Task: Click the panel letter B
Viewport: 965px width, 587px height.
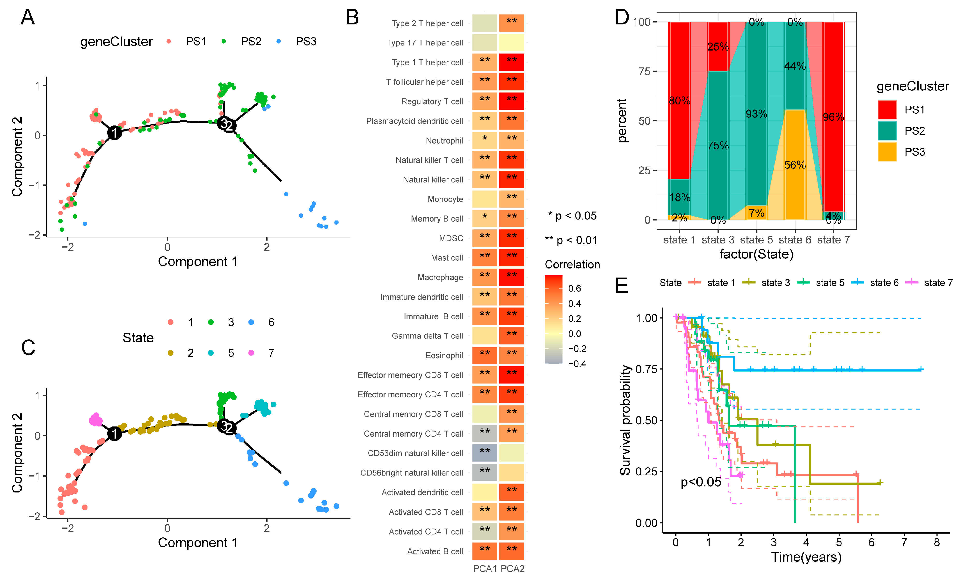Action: coord(352,18)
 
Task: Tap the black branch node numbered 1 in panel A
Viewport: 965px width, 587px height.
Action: coord(114,133)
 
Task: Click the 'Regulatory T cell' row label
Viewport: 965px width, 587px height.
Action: coord(432,102)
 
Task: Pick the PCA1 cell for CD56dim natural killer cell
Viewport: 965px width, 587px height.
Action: coord(485,453)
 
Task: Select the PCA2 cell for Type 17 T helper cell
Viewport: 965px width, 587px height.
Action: coord(511,43)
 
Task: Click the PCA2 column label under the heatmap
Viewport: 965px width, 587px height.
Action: coord(512,569)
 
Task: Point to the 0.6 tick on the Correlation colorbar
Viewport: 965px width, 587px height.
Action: coord(574,288)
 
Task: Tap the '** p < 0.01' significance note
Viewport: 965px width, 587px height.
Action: coord(571,240)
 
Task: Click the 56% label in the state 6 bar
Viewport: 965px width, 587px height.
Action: coord(795,165)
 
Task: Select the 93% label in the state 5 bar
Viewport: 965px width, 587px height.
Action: coord(756,114)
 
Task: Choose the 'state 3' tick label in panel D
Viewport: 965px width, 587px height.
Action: coord(718,240)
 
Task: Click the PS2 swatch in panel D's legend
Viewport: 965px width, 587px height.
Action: coord(887,131)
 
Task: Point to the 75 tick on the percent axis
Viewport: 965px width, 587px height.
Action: coord(644,71)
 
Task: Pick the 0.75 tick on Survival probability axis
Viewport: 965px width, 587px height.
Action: coord(646,369)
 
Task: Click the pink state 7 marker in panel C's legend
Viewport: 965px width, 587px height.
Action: coord(251,353)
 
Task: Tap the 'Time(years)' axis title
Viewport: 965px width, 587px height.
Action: coord(806,557)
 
